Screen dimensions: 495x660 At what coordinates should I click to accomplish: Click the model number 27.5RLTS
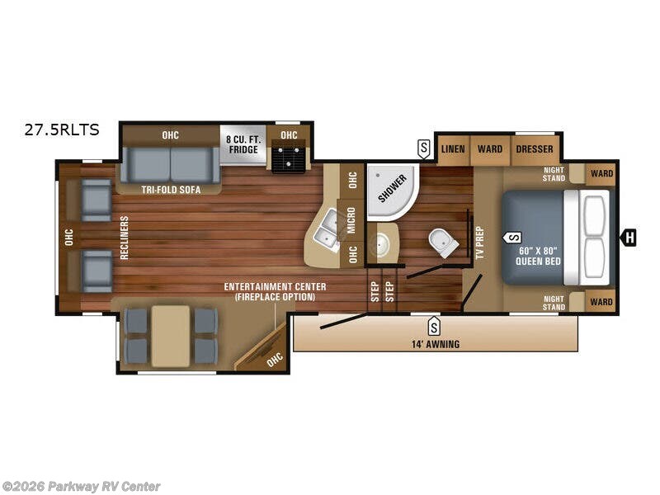point(63,129)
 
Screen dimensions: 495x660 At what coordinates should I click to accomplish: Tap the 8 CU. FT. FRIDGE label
point(244,144)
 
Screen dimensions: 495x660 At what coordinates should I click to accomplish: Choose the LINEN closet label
point(452,149)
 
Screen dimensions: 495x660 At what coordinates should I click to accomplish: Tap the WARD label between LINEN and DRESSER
point(489,149)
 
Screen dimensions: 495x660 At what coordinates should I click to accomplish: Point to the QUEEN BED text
point(539,257)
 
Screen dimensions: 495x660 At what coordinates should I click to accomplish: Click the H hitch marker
point(629,238)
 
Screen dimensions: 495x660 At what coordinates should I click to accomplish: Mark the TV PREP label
point(479,243)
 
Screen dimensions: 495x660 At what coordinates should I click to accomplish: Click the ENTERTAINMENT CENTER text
point(275,286)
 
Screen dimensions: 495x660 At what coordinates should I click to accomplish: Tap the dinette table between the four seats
point(171,335)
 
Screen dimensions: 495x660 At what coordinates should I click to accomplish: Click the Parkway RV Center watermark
point(82,487)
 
